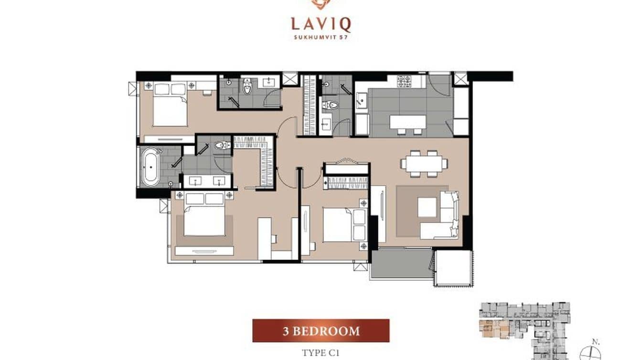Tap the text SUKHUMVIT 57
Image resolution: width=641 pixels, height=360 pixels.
321,37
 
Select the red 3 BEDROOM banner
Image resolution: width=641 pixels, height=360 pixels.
321,330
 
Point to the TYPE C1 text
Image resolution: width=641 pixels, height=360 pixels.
321,353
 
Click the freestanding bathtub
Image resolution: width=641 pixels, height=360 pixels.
150,167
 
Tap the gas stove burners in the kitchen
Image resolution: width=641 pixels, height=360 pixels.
404,81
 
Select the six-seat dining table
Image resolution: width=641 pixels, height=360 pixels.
424,164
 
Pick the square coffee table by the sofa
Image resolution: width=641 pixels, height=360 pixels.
427,207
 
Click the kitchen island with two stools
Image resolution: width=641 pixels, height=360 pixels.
408,124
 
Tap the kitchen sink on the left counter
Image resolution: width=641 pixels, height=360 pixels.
362,101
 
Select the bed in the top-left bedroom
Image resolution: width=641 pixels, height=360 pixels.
170,105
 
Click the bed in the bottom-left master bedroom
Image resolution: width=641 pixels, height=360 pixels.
204,214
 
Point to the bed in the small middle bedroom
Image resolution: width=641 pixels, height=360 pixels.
345,225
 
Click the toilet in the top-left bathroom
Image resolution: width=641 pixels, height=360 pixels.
247,85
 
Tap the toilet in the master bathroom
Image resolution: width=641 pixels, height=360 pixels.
223,146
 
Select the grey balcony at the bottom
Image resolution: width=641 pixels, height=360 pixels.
401,263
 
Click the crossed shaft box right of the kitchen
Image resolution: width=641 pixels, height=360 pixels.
460,79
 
